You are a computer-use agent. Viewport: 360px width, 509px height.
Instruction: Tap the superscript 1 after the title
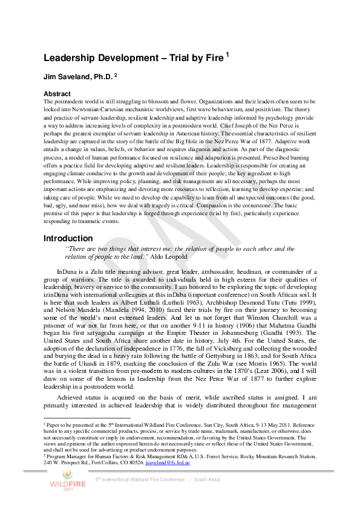(x=227, y=54)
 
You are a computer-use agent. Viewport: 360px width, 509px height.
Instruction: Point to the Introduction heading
(x=68, y=238)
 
